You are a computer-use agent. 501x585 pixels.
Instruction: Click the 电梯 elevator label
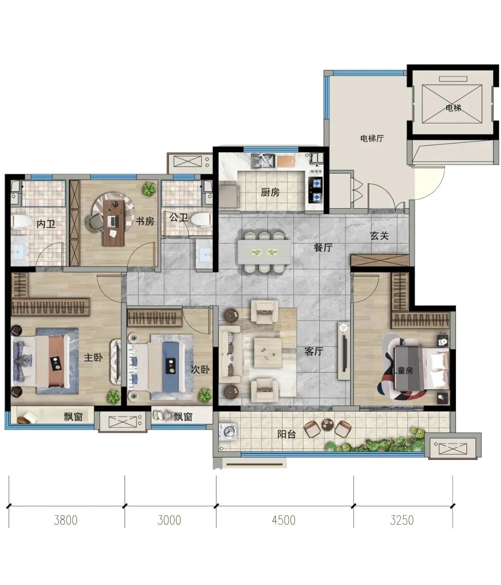(453, 108)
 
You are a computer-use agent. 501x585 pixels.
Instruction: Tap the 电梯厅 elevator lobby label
(372, 138)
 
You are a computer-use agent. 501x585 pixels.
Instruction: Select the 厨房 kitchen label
(270, 193)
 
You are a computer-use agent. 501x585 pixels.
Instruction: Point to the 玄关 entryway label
(379, 236)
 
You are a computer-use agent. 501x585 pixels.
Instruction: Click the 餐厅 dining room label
(323, 247)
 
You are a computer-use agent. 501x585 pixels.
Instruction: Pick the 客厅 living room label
(314, 351)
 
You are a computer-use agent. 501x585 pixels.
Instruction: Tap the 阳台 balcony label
(286, 434)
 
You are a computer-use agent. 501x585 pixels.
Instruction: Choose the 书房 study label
(145, 221)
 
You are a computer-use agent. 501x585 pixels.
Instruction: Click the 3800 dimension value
(66, 520)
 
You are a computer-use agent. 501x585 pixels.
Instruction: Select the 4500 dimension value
(283, 520)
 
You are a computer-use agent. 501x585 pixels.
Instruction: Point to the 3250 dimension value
(402, 520)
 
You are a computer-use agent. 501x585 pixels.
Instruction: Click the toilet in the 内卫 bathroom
(21, 221)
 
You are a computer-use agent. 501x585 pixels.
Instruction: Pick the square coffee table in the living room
(268, 353)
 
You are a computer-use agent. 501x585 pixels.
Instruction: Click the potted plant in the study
(149, 189)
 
